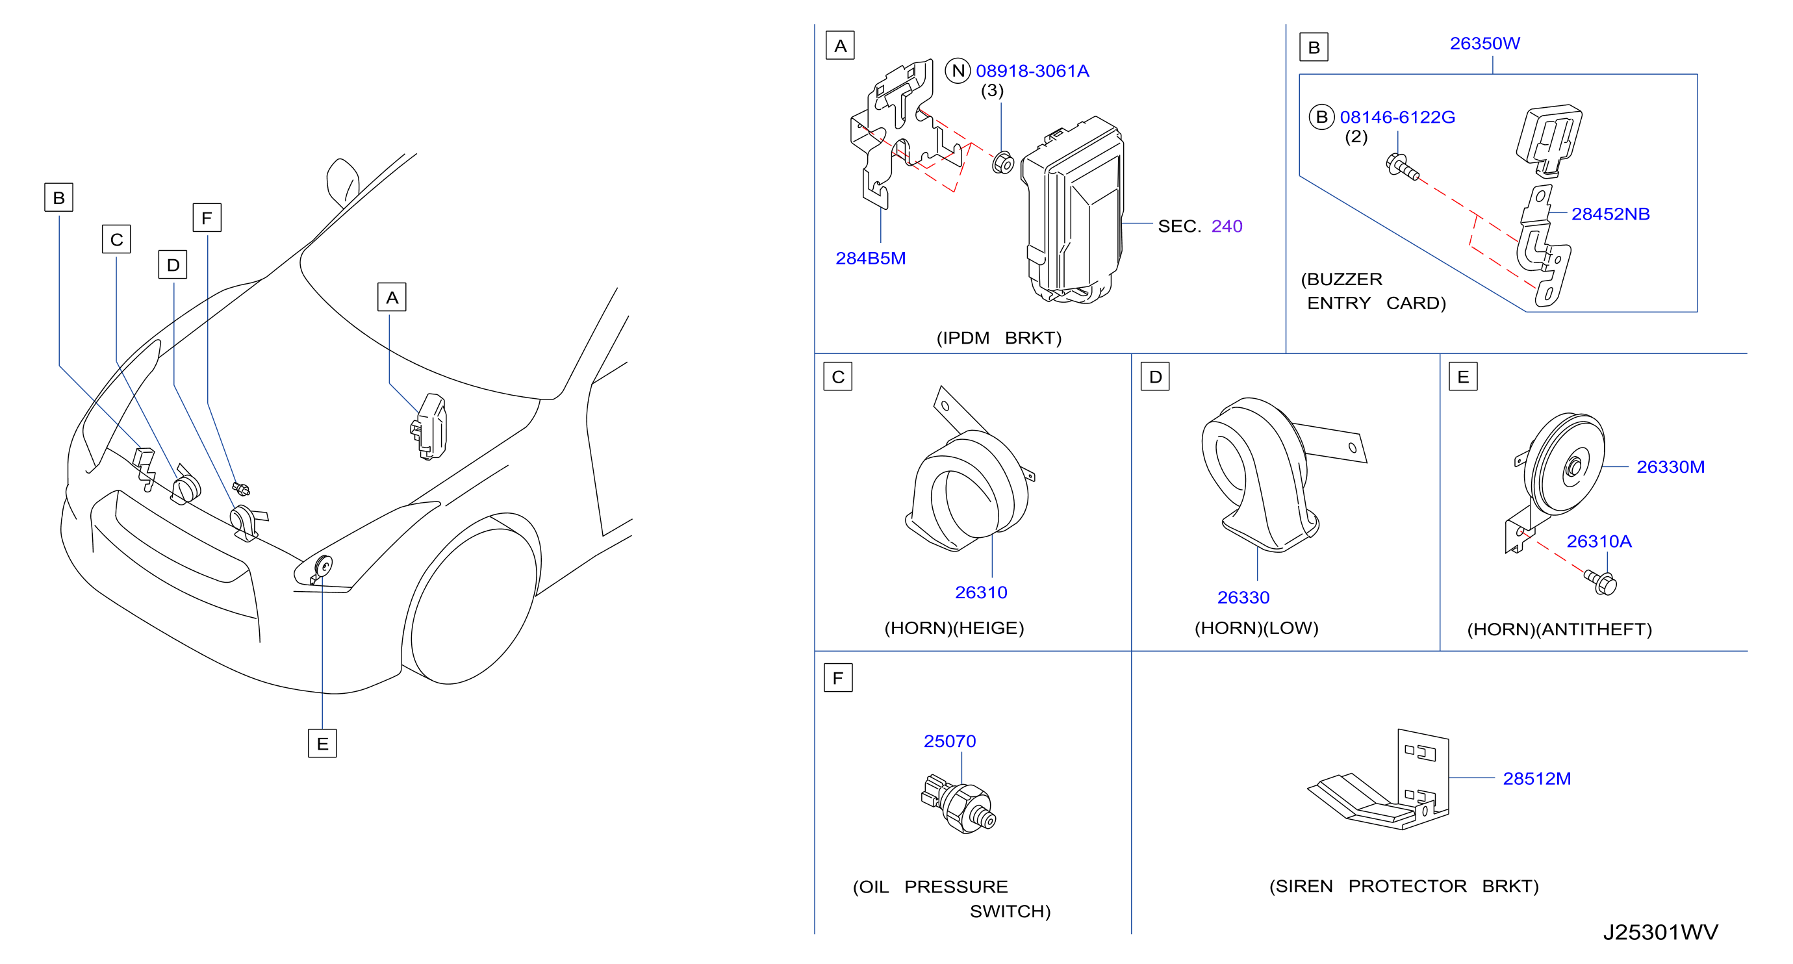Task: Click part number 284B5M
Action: pyautogui.click(x=870, y=259)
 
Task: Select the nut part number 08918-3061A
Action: pyautogui.click(x=1032, y=71)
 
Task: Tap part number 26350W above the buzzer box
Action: pyautogui.click(x=1484, y=43)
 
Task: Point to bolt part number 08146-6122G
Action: pyautogui.click(x=1397, y=117)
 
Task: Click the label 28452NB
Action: pyautogui.click(x=1610, y=214)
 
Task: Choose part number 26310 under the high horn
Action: pyautogui.click(x=981, y=592)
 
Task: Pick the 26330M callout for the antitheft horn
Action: pyautogui.click(x=1670, y=467)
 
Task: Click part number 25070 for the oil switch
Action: pyautogui.click(x=949, y=741)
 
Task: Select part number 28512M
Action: pyautogui.click(x=1537, y=779)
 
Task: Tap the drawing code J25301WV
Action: pyautogui.click(x=1660, y=932)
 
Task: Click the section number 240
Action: pyautogui.click(x=1227, y=226)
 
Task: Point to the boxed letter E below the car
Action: pyautogui.click(x=322, y=743)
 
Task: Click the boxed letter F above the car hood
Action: pyautogui.click(x=207, y=218)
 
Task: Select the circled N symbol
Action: pyautogui.click(x=958, y=70)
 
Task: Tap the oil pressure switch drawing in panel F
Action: pyautogui.click(x=958, y=804)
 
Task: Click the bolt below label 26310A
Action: pyautogui.click(x=1601, y=583)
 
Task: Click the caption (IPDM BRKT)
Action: pyautogui.click(x=999, y=338)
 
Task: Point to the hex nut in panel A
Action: pyautogui.click(x=1002, y=162)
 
